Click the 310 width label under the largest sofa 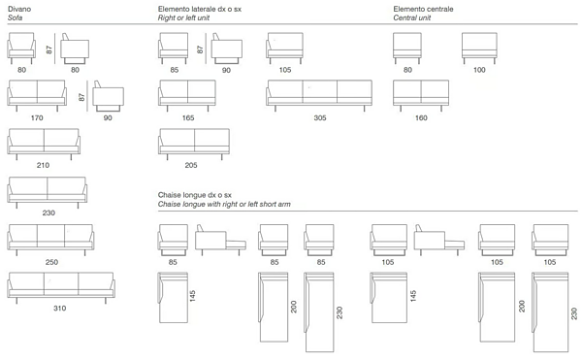[x=60, y=308]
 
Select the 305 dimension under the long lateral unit [x=320, y=117]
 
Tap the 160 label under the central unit [x=421, y=117]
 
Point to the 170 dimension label [x=37, y=117]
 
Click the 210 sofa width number [x=43, y=165]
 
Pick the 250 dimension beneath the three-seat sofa [x=51, y=262]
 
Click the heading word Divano [x=19, y=9]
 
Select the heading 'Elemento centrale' [x=423, y=9]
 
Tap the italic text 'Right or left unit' [x=183, y=17]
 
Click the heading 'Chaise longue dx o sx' [x=195, y=195]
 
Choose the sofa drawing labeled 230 [x=48, y=192]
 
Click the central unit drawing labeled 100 [x=479, y=48]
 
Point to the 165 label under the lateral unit [x=188, y=117]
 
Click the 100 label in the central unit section [x=479, y=70]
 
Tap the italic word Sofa [x=15, y=17]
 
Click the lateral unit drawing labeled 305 [x=319, y=95]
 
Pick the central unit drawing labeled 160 [x=421, y=95]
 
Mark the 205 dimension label [x=191, y=165]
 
